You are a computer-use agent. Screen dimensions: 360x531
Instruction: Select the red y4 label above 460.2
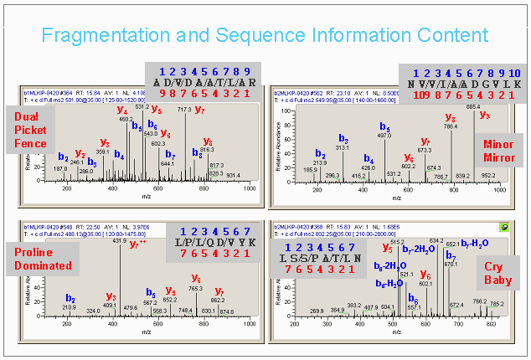(122, 110)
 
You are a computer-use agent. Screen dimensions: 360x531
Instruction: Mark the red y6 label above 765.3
(195, 278)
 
